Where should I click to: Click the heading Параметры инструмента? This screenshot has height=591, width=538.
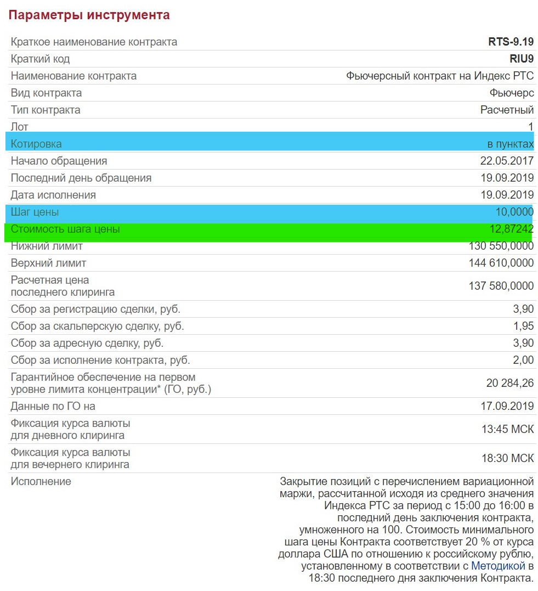89,15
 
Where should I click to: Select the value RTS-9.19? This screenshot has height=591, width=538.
511,42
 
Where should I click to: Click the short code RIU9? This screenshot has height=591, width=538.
522,59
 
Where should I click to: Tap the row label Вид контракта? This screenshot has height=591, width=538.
46,93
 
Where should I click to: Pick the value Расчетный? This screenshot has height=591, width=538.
507,110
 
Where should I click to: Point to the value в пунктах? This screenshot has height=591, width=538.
510,144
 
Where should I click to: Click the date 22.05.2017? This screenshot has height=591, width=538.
507,161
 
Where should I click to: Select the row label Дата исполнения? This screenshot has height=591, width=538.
53,195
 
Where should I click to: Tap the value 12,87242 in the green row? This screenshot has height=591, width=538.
511,229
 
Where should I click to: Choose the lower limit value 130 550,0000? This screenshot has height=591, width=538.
501,246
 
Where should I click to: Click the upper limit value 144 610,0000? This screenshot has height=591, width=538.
501,263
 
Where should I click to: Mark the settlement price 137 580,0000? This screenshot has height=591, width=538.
501,286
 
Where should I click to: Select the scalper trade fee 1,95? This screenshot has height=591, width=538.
523,326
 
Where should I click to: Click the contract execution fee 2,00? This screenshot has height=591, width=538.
523,360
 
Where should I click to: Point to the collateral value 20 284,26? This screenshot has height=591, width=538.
509,383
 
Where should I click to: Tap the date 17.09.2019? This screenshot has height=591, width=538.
507,406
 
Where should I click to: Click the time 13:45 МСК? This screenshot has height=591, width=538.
507,429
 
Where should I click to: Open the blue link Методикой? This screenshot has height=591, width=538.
498,566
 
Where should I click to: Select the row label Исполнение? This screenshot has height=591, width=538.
41,481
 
